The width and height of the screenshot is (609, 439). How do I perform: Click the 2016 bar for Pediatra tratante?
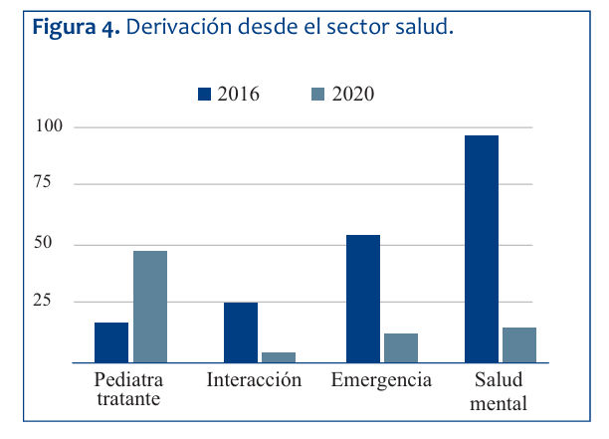pyautogui.click(x=111, y=342)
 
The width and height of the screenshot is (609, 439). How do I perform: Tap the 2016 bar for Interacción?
pyautogui.click(x=240, y=332)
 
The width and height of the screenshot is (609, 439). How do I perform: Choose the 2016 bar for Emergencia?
pyautogui.click(x=363, y=299)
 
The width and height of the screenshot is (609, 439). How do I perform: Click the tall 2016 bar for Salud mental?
pyautogui.click(x=482, y=249)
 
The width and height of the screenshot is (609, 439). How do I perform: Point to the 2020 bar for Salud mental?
pyautogui.click(x=519, y=344)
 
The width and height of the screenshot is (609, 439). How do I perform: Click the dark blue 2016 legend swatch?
pyautogui.click(x=205, y=95)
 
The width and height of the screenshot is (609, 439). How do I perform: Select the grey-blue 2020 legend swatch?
pyautogui.click(x=318, y=95)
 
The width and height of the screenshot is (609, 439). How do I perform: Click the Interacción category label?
pyautogui.click(x=254, y=380)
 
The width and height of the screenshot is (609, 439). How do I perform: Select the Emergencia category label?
pyautogui.click(x=382, y=380)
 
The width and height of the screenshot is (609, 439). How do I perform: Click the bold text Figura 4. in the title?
pyautogui.click(x=77, y=27)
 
